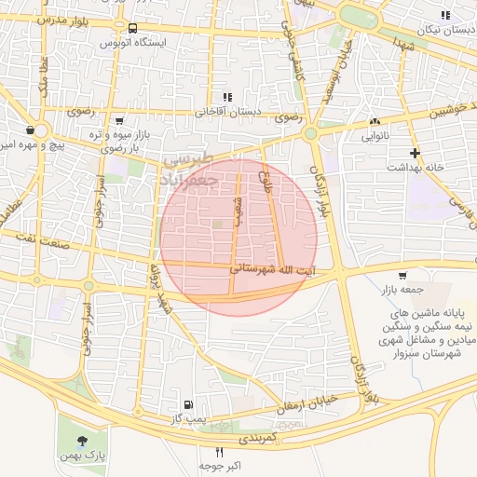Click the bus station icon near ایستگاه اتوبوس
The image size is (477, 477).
(133, 28)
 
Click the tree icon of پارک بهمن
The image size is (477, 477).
(85, 440)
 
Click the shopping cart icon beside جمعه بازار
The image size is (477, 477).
(402, 275)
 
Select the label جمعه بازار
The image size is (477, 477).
(403, 290)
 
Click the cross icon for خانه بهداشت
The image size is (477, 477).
(416, 152)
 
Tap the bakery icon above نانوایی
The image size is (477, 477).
(375, 122)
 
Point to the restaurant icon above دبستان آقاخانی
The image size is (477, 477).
(226, 96)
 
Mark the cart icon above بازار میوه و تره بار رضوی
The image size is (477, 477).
(118, 120)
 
